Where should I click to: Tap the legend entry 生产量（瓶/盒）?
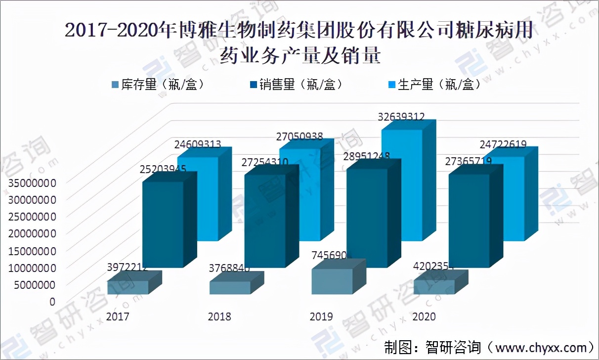click(x=433, y=85)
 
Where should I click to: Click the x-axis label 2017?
click(x=118, y=316)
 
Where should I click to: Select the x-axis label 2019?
click(x=321, y=316)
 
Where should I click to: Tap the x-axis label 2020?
click(x=424, y=316)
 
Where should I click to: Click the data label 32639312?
click(x=401, y=117)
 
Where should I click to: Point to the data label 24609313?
click(x=197, y=145)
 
